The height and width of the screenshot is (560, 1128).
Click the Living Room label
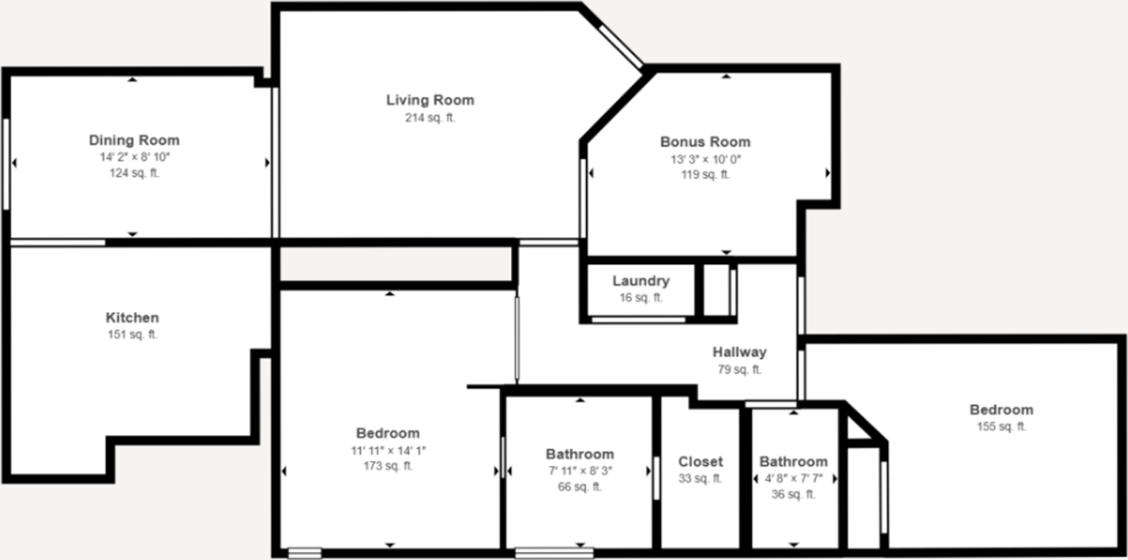[430, 100]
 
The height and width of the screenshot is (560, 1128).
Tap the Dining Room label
[134, 140]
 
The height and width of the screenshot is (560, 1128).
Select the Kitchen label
[132, 318]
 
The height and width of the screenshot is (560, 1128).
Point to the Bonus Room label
[705, 142]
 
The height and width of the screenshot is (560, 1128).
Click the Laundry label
[641, 282]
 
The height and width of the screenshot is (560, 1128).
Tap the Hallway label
[739, 352]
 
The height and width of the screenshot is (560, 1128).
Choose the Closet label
[701, 461]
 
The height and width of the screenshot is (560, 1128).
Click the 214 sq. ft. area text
[430, 118]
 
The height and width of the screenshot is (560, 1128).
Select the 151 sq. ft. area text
[132, 335]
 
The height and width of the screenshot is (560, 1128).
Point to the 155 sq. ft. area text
[1001, 427]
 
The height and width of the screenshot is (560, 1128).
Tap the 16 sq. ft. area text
[641, 298]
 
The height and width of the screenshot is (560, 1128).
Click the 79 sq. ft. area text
[739, 370]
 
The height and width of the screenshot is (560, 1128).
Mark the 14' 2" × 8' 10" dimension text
[134, 158]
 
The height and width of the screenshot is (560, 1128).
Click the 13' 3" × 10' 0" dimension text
[705, 159]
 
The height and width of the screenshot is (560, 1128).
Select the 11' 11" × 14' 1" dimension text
[388, 450]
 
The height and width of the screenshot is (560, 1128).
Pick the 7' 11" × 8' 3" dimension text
[579, 471]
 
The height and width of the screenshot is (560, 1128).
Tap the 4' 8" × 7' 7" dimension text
[793, 478]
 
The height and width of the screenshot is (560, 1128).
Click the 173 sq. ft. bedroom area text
[388, 467]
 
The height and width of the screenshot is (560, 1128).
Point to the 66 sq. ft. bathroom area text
[579, 487]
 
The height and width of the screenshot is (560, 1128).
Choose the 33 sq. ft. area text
[701, 479]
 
